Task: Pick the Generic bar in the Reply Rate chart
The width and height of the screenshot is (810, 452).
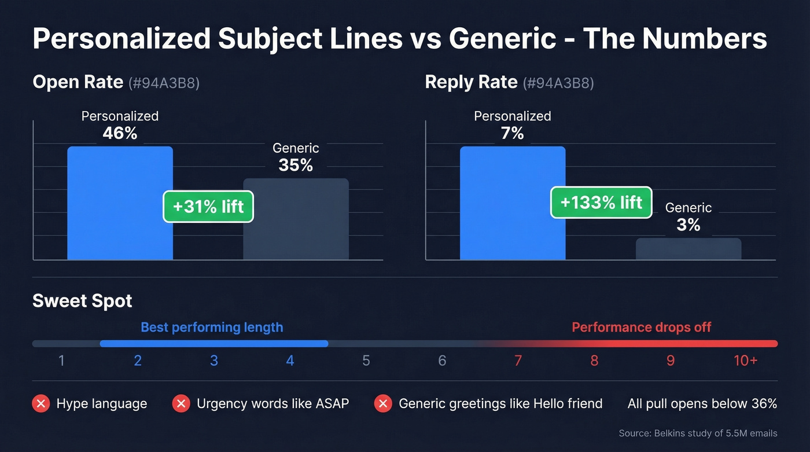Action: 689,249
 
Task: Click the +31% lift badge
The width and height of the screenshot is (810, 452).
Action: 208,206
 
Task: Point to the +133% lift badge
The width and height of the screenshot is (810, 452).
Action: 601,202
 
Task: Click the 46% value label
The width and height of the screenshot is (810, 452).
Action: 120,134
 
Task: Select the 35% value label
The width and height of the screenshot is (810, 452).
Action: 296,166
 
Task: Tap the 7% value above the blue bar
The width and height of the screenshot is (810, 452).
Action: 513,134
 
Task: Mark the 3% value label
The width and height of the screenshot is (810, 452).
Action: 689,225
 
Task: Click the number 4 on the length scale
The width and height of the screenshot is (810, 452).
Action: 290,361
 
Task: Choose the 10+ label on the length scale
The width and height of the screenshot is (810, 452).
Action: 746,361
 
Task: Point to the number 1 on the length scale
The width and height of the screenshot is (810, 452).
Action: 61,361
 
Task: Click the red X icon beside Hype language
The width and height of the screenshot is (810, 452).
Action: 41,403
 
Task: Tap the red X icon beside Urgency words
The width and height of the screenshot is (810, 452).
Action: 181,403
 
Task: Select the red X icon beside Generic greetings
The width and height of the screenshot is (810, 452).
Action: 383,403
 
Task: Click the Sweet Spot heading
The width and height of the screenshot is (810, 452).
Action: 83,301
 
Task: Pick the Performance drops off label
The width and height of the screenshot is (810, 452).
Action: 641,328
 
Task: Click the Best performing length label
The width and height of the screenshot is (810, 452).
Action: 212,328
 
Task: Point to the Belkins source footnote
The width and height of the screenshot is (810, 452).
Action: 698,433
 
